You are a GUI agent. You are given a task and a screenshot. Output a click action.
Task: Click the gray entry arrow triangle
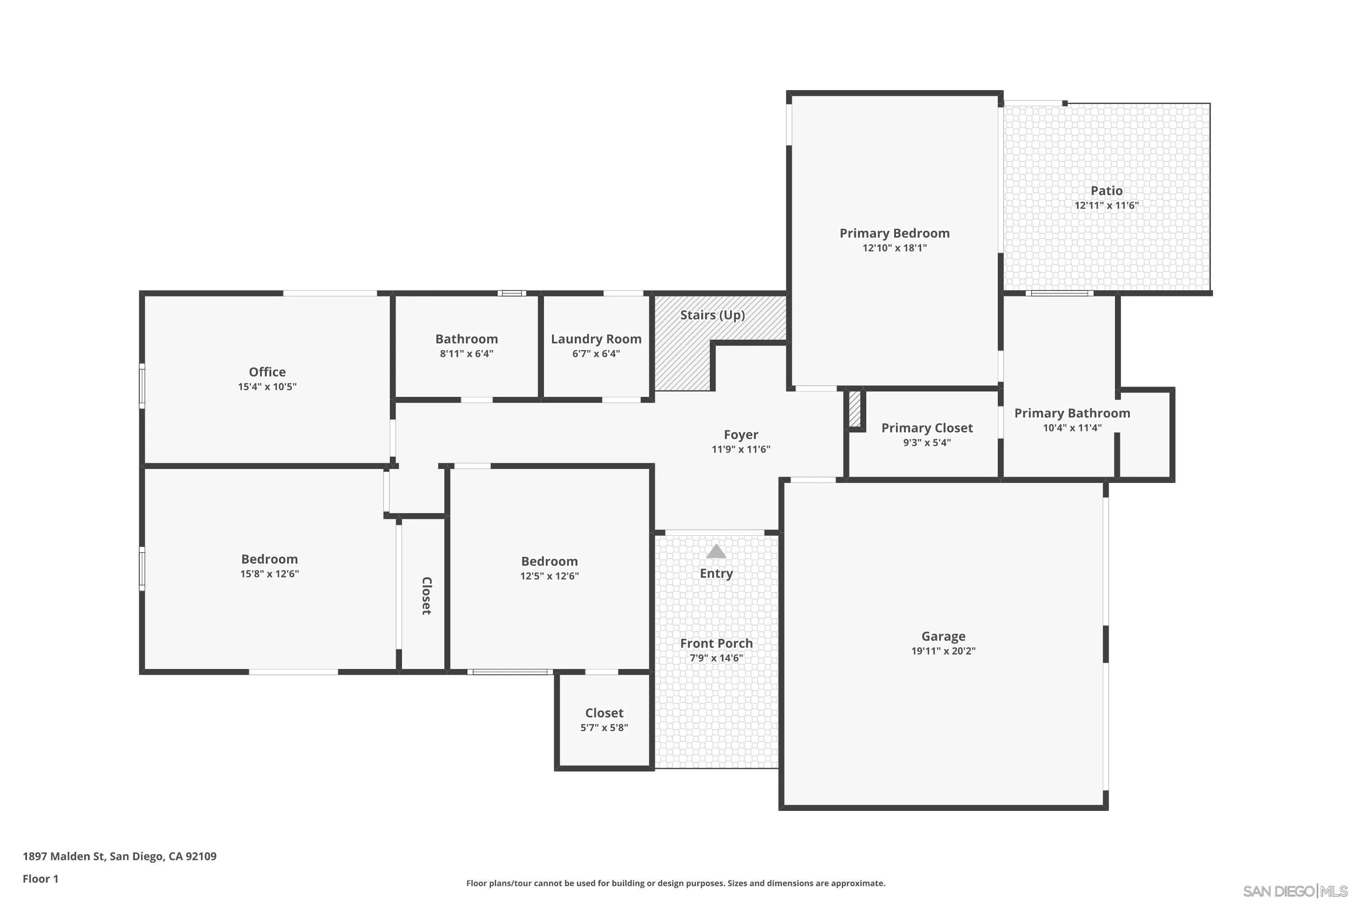point(716,551)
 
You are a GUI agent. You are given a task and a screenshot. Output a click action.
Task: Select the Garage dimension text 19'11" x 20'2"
point(943,651)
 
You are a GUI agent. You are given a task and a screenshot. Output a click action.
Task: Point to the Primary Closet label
point(927,428)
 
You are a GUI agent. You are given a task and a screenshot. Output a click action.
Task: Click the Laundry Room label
point(596,339)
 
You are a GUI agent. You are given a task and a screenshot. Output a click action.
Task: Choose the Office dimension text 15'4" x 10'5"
point(267,387)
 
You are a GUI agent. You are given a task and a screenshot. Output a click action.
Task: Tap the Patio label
point(1106,191)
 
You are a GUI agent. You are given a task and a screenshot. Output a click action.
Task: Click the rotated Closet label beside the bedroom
point(426,596)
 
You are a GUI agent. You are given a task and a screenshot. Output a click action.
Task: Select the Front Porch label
point(716,644)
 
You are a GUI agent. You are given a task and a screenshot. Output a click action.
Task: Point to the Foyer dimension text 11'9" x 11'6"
point(741,449)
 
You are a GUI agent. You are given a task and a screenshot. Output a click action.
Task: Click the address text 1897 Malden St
point(64,856)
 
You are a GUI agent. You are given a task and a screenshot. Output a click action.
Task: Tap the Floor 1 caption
point(40,878)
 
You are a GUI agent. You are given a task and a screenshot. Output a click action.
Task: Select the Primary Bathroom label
point(1072,413)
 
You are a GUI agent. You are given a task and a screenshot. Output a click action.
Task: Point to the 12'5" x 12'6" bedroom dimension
point(549,576)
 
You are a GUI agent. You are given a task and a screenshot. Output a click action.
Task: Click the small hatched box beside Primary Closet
point(855,409)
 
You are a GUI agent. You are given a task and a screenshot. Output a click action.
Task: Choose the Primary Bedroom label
point(895,233)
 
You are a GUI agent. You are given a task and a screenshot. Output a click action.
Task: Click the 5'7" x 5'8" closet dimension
point(604,728)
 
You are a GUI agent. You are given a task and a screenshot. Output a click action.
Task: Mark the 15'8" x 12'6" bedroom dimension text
point(269,574)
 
